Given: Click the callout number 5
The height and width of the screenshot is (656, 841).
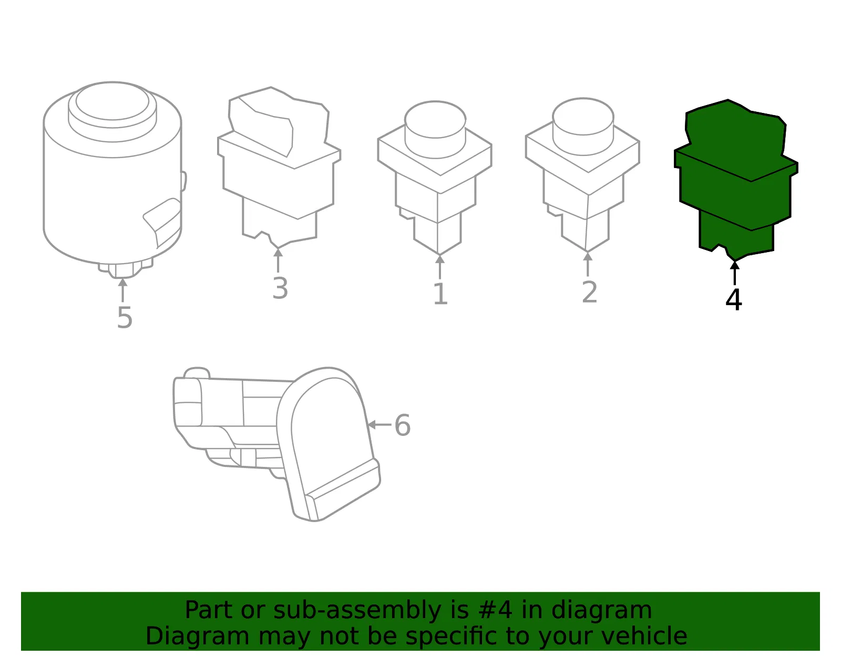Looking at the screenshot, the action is (x=125, y=318).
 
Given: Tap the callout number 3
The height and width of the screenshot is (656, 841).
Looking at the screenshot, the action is (x=280, y=288).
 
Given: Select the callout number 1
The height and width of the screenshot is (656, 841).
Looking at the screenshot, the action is (x=441, y=294).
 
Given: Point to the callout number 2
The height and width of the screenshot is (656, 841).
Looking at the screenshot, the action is (x=589, y=292).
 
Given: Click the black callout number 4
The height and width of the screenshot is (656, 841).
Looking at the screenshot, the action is (x=734, y=299).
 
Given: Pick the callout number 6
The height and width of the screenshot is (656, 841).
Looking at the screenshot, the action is (x=403, y=425).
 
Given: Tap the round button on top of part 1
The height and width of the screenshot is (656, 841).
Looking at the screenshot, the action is (x=435, y=130).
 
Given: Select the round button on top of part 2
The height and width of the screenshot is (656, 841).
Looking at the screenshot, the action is (x=583, y=127).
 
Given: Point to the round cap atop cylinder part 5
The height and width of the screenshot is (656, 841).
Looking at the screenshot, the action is (x=112, y=111).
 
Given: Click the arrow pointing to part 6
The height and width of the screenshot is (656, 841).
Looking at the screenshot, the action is (x=380, y=425).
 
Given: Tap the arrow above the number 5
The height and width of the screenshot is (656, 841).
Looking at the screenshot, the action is (x=122, y=290).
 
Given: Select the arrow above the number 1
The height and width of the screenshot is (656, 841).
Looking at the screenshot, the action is (x=439, y=267).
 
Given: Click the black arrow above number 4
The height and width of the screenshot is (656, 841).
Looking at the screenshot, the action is (x=735, y=273).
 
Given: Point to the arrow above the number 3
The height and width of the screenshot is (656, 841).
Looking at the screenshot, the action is (x=278, y=261).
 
